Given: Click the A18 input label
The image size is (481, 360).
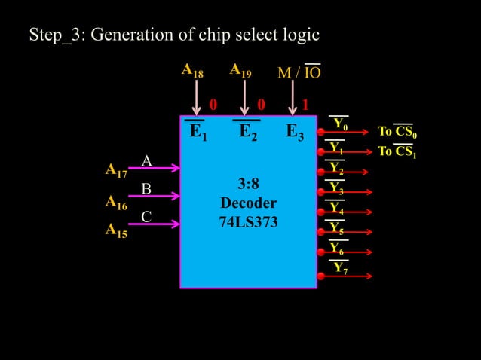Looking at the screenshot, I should pos(192,71).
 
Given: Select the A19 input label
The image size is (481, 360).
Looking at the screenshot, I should pos(240,71).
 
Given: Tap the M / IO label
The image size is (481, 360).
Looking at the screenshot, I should pos(299,72).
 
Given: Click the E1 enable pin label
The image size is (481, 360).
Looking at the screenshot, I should pos(198,133).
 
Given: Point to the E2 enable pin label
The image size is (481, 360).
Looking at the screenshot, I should pos(248,133).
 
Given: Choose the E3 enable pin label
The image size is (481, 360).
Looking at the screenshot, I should pos(295,133).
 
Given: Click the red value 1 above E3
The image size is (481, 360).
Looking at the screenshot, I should pos(305,104).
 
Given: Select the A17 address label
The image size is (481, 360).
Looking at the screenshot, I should pos(115,171).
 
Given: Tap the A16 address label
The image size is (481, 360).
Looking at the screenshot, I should pos(115,202).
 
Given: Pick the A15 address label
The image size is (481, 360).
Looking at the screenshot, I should pos(115,231).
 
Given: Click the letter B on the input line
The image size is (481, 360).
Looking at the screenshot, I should pos(147,188).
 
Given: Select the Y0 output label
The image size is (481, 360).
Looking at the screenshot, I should pos(340,124).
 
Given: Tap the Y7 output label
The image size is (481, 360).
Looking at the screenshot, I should pos(340,268).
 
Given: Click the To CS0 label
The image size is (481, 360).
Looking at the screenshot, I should pos(397,133).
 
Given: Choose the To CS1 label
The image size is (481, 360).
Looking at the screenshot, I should pos(397,152).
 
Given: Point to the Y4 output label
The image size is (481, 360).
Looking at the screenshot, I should pos(336,207).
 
